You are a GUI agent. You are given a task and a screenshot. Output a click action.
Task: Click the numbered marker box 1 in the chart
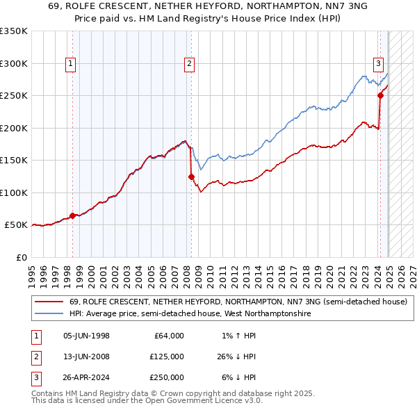pyautogui.click(x=72, y=64)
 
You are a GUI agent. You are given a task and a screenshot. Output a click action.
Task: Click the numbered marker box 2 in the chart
pyautogui.click(x=190, y=64)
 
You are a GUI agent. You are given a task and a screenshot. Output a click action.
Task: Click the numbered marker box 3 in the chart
pyautogui.click(x=379, y=64)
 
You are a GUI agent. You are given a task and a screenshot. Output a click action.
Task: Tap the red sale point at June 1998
pyautogui.click(x=72, y=215)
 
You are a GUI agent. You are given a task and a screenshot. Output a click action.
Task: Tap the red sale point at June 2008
pyautogui.click(x=191, y=177)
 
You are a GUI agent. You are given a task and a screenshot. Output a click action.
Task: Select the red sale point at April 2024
pyautogui.click(x=380, y=96)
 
